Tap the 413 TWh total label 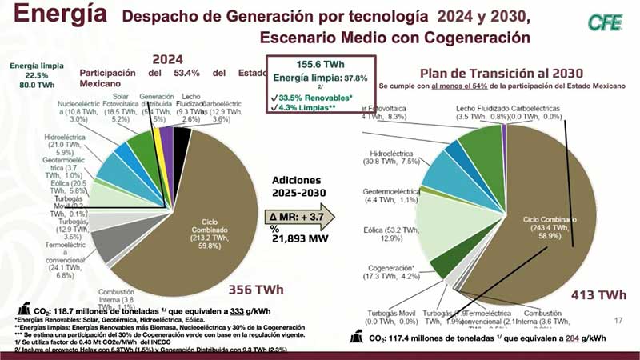click(598, 295)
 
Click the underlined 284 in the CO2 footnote click(569, 338)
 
